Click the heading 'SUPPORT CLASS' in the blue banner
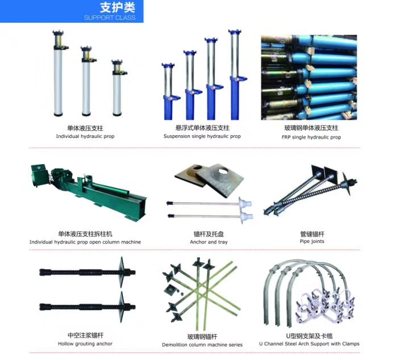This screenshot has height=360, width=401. pos(110,18)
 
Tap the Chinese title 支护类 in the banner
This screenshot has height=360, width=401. pos(118,7)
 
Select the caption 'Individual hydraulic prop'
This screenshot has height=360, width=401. pos(85,136)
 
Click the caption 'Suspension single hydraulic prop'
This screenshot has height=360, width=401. pos(202,136)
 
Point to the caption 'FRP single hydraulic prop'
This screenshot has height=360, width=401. pos(311,137)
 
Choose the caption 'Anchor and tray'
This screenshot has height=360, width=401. pos(208,242)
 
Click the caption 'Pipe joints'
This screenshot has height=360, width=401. pos(312,241)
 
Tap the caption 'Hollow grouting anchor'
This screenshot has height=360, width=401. pos(85,344)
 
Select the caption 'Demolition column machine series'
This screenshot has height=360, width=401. pos(202,345)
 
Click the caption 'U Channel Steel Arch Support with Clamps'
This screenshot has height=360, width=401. pos(309,344)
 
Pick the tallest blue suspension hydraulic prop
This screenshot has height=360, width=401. pos(235,74)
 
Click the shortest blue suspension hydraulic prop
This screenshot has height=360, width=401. pos(169,91)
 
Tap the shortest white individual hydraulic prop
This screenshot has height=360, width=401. pos(117,88)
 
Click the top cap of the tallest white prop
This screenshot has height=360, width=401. pos(59,33)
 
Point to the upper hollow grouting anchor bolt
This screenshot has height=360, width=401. pos(87,272)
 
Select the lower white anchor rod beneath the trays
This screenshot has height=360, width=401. pos(210,216)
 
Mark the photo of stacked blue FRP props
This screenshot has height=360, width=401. pos(309,77)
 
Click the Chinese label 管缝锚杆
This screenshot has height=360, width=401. pos(312,234)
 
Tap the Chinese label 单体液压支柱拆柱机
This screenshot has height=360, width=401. pos(85,234)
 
